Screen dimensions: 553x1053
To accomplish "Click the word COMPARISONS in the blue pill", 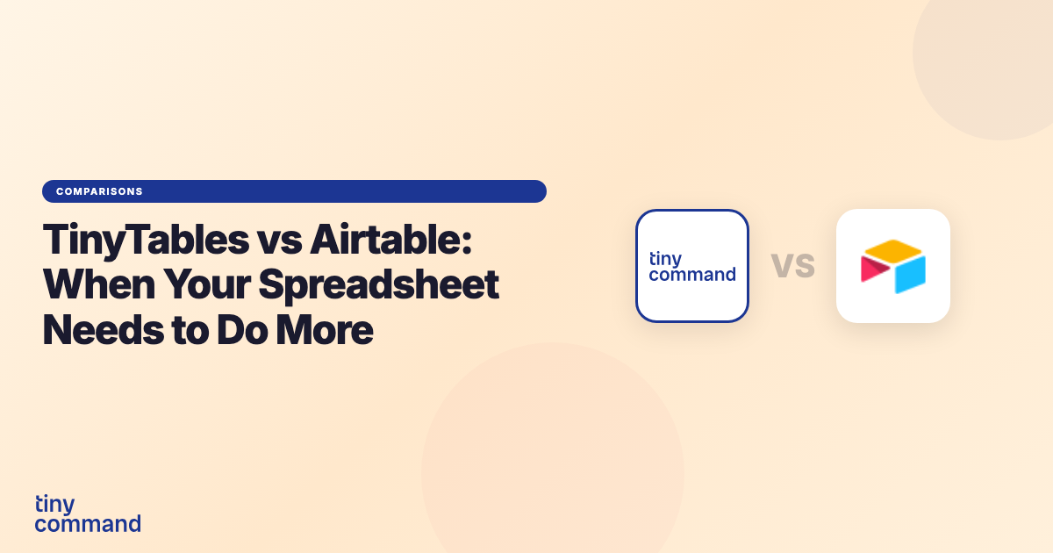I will point(99,191).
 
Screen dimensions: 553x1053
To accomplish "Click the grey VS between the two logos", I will point(792,265).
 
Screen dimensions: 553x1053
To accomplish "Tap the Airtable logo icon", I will point(893,266).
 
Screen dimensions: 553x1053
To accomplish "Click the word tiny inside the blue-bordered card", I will point(665,258).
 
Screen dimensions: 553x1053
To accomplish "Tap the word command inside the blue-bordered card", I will point(691,274).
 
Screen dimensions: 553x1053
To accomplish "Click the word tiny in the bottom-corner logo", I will point(54,505).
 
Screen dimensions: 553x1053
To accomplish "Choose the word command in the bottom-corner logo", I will point(88,524).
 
